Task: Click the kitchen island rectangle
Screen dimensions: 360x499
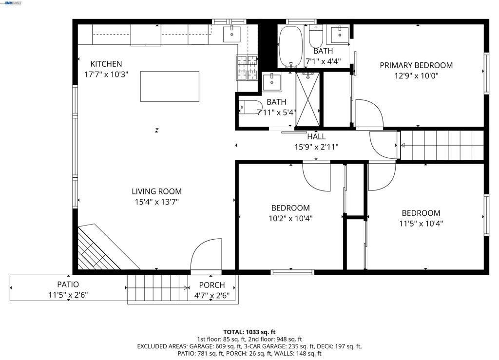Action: (170, 86)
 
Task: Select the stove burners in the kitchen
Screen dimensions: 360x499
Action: (247, 67)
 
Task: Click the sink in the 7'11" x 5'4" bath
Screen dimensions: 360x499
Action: (271, 82)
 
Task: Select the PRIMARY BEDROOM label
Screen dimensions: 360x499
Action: (416, 65)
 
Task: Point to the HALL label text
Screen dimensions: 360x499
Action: (316, 137)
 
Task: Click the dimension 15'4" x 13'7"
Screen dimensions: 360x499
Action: (156, 202)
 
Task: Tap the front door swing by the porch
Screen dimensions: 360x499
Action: (207, 255)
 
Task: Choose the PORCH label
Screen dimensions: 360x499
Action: (212, 285)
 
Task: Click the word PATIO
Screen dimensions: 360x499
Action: (68, 284)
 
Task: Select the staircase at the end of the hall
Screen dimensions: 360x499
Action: (441, 145)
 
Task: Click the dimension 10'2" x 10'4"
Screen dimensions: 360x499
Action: (290, 218)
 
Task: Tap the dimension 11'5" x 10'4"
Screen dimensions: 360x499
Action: (421, 224)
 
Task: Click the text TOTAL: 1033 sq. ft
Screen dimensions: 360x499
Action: (249, 332)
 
